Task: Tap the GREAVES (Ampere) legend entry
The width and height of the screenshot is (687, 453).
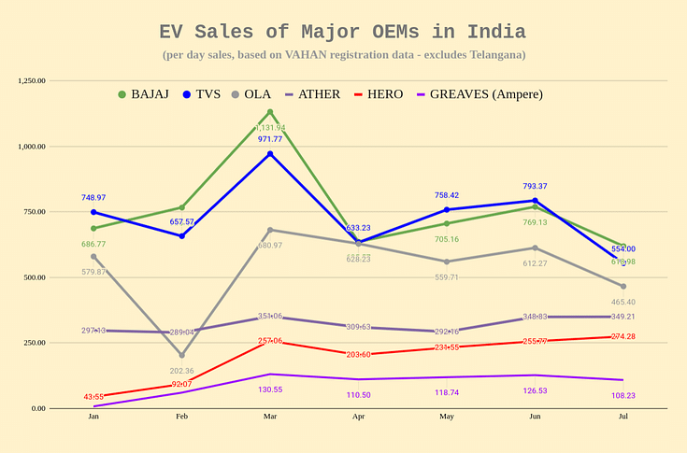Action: coord(479,94)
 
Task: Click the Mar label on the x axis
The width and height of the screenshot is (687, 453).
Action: coord(270,417)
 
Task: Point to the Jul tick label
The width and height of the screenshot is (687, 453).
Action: coord(623,417)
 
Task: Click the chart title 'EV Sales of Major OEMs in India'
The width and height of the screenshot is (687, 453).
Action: coord(343,32)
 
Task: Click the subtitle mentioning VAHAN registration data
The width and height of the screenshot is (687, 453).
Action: coord(343,54)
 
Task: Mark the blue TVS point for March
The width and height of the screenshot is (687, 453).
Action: coord(270,154)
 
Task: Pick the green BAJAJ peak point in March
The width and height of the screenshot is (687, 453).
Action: coord(270,112)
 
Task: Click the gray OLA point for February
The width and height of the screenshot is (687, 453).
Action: coord(182,355)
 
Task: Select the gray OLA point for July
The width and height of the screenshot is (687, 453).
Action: coord(623,286)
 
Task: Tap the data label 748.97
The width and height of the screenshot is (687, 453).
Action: coord(93,198)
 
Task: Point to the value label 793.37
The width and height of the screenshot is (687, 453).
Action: coord(535,186)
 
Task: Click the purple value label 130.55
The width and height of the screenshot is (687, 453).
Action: coord(270,389)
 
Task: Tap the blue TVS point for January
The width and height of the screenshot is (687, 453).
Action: coord(93,212)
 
